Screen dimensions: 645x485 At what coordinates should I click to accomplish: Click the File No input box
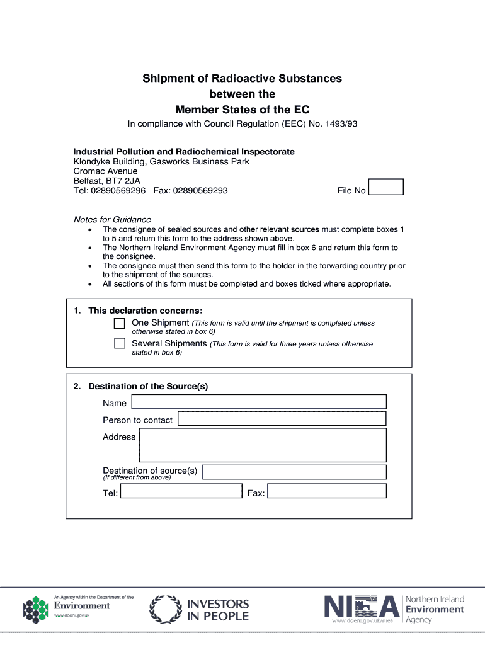point(385,187)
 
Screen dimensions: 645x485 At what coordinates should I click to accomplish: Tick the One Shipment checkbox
point(120,324)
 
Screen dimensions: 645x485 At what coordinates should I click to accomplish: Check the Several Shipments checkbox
point(120,344)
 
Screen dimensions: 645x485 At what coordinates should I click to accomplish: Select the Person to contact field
point(282,419)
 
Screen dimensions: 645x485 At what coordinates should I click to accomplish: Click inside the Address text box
point(263,445)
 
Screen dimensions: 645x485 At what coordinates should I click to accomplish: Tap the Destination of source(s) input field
point(294,472)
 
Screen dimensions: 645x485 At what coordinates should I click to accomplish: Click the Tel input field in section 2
point(181,491)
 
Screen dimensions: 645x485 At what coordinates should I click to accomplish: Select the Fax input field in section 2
point(326,491)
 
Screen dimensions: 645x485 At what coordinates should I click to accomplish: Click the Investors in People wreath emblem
point(165,610)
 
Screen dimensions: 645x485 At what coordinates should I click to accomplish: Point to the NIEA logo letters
point(362,607)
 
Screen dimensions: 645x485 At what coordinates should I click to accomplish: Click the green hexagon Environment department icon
point(36,610)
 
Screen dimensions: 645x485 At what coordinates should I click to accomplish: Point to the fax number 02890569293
point(200,190)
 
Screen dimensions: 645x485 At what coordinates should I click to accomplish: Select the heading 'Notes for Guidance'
point(112,220)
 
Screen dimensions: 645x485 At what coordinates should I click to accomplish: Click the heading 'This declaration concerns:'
point(145,311)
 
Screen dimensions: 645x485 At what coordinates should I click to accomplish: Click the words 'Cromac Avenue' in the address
point(105,171)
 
